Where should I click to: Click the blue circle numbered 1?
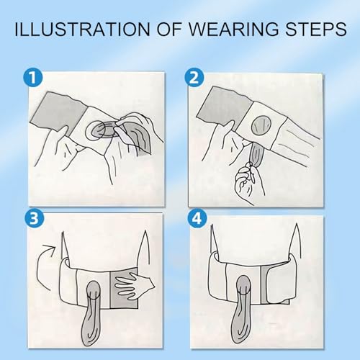pos(32,78)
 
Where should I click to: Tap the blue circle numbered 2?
pos(194,78)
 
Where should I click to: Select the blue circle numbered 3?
pos(34,219)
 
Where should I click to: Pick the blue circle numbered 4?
pos(197,219)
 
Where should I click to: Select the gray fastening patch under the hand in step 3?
pos(124,289)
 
